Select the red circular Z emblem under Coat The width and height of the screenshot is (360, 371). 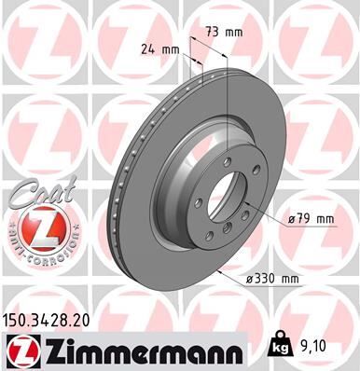pos(35,228)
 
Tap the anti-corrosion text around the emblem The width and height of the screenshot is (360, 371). pos(35,253)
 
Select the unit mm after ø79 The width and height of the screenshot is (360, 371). pos(325,219)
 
